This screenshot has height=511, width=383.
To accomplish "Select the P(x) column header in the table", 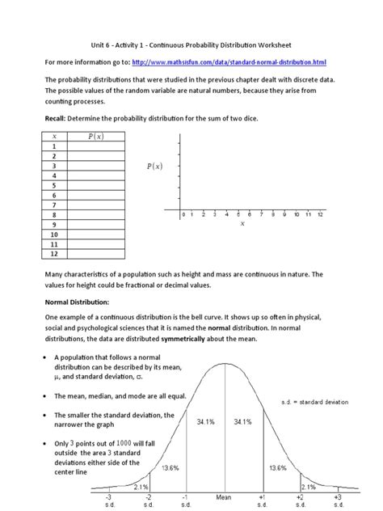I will pos(95,137).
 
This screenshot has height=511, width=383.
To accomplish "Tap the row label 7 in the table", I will pos(54,205).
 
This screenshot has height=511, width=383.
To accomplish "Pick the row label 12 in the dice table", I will pos(54,253).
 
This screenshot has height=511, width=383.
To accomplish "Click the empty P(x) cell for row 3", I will pos(95,166).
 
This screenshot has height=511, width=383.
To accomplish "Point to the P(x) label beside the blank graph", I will pos(154,167).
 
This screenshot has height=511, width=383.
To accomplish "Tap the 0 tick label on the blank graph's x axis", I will pos(183,214).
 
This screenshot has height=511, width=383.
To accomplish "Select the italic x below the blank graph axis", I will pos(242,224).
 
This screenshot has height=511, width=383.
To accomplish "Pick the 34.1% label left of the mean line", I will pos(206,422).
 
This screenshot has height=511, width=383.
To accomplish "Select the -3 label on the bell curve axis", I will pos(108,498).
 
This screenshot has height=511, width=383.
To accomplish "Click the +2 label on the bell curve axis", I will pos(299,498).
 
